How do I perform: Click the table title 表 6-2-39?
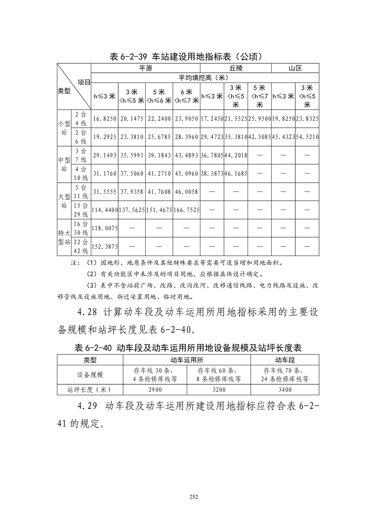187,56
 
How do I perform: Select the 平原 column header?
145,68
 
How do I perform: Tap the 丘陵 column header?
235,68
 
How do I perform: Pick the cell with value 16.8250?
105,118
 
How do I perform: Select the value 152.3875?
105,246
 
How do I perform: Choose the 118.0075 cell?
105,228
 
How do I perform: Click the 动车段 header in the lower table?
285,360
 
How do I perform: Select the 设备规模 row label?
90,375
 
